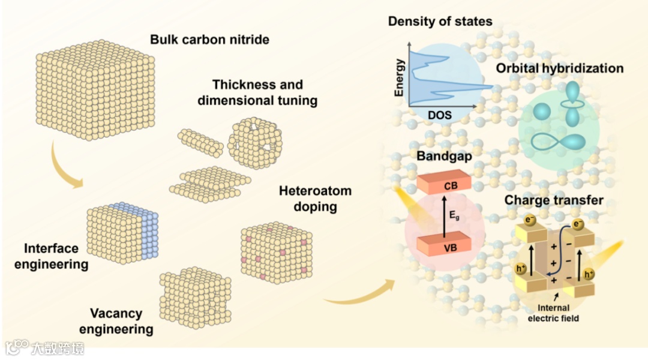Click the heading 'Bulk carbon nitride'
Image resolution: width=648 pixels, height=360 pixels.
tap(209, 41)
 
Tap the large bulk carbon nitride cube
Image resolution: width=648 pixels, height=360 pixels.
tap(96, 88)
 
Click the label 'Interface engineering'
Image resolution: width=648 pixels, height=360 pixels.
tap(56, 256)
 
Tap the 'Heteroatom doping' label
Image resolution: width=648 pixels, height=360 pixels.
tap(315, 199)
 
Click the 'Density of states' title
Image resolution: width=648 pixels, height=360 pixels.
tap(440, 22)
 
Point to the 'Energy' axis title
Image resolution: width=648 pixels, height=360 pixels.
tap(400, 77)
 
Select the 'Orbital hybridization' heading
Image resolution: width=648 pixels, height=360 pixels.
tap(559, 68)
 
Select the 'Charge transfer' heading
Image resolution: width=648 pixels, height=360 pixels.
tap(553, 200)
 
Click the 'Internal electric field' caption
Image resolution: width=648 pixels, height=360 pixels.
tap(553, 313)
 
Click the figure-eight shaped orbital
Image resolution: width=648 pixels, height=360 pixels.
tap(560, 142)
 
